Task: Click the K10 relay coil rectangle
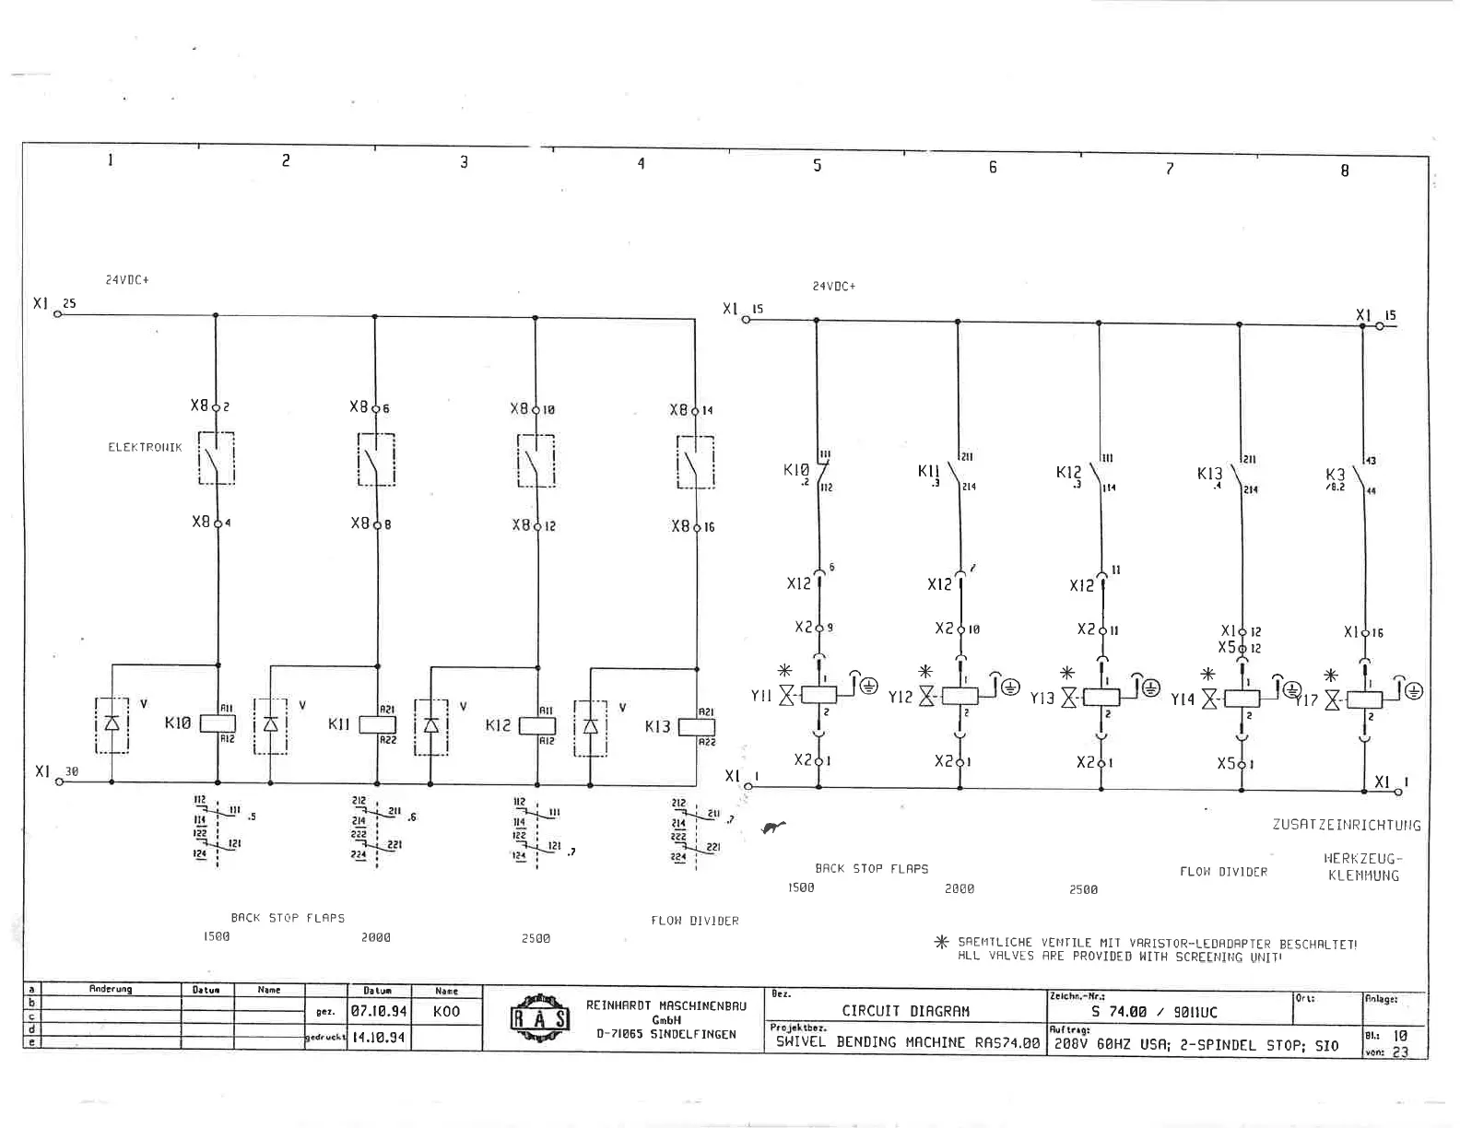click(218, 723)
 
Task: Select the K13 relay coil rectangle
click(697, 727)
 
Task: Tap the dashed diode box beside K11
click(270, 725)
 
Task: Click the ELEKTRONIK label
click(145, 448)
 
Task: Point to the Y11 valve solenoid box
click(818, 695)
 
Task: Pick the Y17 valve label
click(1305, 700)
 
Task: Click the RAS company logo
click(540, 1017)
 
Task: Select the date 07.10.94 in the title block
click(378, 1011)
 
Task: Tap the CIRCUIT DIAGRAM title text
click(905, 1011)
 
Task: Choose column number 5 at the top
click(817, 166)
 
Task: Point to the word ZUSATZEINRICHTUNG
click(1347, 825)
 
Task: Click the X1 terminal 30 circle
click(59, 781)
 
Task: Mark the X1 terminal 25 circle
click(57, 314)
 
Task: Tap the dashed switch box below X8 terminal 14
click(696, 462)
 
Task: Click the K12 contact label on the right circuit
click(1068, 473)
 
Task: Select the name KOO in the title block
click(446, 1011)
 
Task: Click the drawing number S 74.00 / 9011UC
click(1153, 1012)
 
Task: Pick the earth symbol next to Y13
click(1150, 687)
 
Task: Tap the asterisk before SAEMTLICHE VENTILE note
click(941, 943)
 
